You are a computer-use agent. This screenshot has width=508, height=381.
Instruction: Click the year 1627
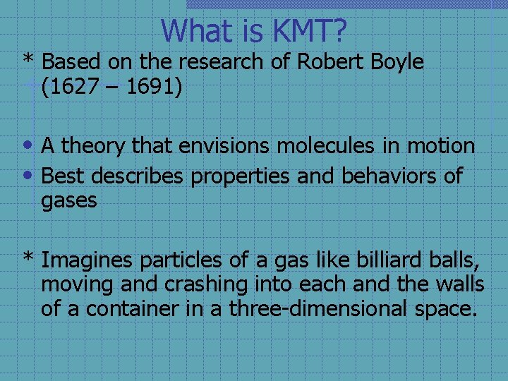tap(75, 89)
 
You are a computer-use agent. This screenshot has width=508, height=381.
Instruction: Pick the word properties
tap(241, 176)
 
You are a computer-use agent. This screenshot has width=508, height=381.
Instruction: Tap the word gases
tap(68, 201)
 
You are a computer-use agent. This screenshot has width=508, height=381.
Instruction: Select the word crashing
tap(206, 284)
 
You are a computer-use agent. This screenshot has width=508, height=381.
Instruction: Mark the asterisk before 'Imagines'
tap(28, 258)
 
